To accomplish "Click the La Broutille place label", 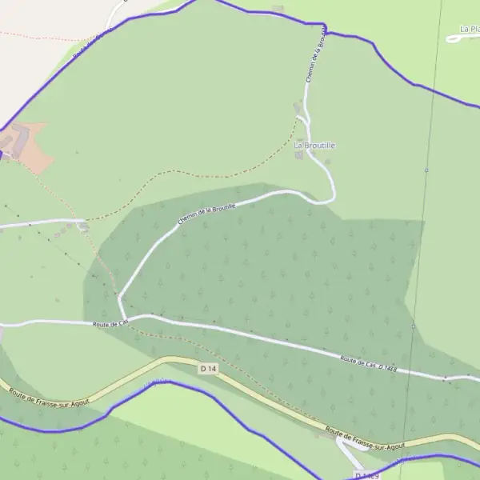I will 314,145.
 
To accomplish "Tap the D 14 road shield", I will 208,368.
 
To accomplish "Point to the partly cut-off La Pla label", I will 470,30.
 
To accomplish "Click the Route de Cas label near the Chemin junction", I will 110,324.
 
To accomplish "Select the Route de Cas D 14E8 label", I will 367,364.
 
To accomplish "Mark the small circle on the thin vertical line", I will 426,170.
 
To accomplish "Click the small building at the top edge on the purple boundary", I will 278,9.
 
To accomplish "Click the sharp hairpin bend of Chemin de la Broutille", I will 332,195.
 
